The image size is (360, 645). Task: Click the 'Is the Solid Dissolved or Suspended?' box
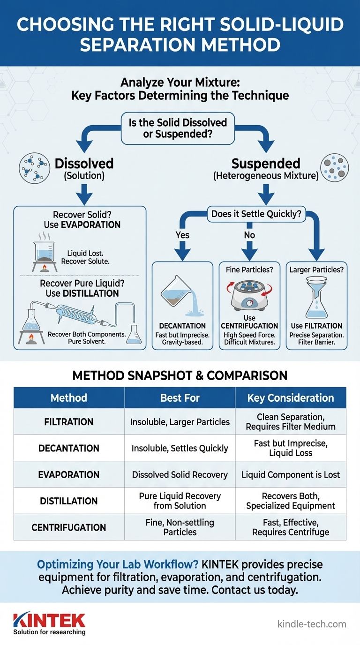click(x=178, y=128)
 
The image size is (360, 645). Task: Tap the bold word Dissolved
click(x=84, y=164)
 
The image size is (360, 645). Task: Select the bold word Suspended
click(x=266, y=164)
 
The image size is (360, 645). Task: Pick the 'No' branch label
click(x=249, y=234)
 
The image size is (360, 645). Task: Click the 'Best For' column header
click(x=180, y=398)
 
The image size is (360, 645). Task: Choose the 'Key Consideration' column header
click(x=291, y=398)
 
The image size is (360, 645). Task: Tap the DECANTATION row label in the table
click(x=69, y=448)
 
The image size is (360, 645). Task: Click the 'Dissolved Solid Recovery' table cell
click(x=180, y=474)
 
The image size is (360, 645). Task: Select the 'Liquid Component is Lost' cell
click(x=291, y=474)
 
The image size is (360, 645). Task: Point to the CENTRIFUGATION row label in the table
click(x=69, y=527)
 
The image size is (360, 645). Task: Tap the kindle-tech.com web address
click(x=312, y=624)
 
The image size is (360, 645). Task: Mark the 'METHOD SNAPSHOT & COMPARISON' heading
click(x=180, y=376)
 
